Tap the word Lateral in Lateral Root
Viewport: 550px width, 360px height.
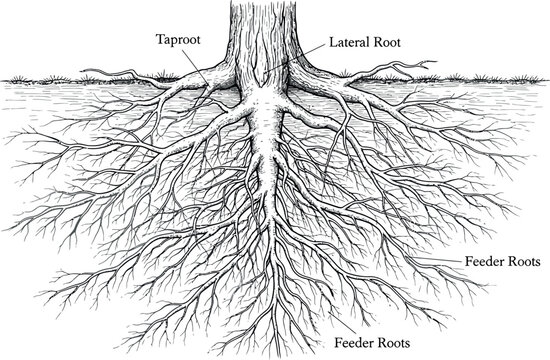coord(350,45)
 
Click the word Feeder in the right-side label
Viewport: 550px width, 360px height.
coord(485,263)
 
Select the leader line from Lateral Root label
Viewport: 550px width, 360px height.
coord(300,55)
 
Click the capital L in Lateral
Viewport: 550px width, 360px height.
coord(334,45)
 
